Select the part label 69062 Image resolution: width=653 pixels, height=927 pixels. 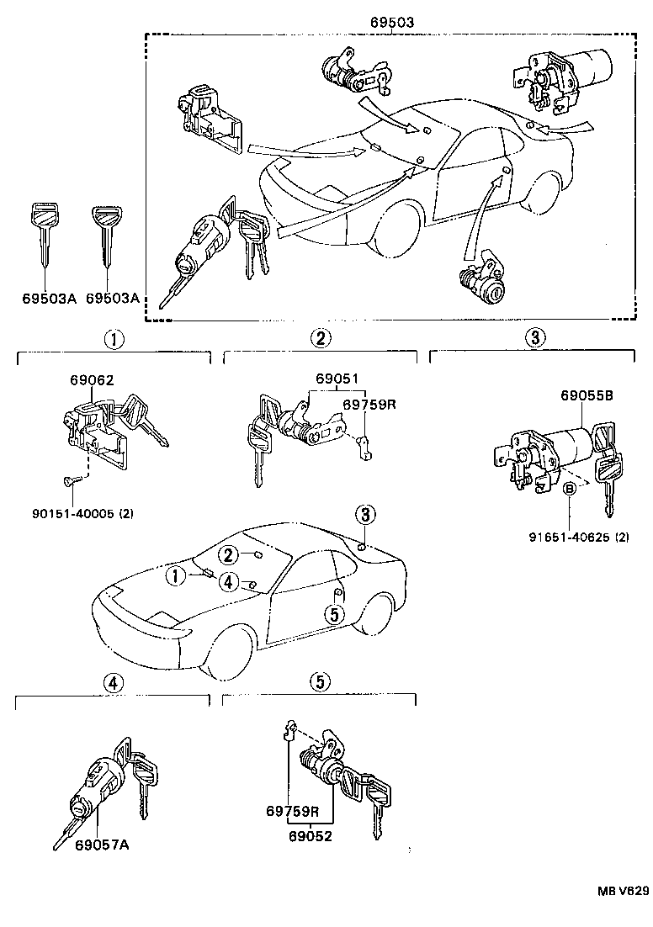(89, 379)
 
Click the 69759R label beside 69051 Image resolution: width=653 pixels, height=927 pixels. (369, 405)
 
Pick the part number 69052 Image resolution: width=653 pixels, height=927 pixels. (310, 836)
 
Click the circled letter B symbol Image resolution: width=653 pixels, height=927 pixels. (569, 489)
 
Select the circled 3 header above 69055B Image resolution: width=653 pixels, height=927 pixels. (536, 338)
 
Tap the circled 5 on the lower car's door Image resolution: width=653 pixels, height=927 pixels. (334, 615)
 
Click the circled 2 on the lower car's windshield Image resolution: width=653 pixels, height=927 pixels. (228, 554)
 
